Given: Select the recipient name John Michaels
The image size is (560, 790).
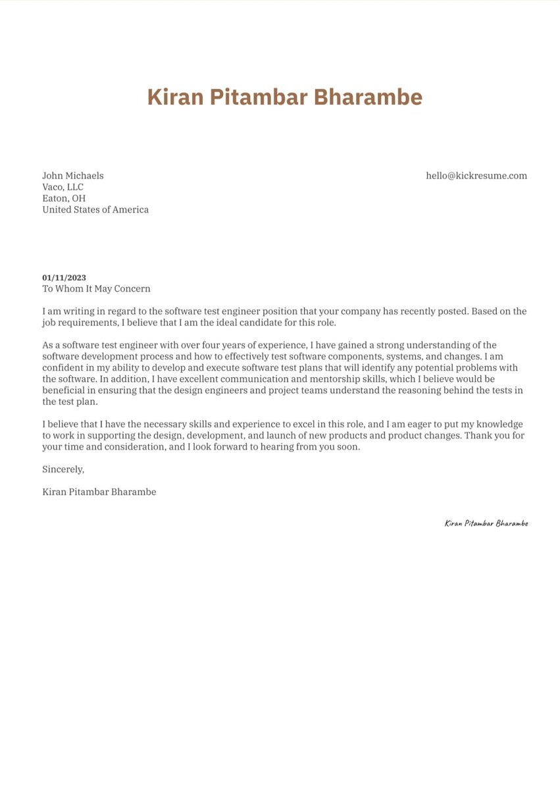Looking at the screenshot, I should [73, 176].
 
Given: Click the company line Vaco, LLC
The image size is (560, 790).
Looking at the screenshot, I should [63, 187].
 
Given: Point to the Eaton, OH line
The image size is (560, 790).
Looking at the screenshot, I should [64, 198].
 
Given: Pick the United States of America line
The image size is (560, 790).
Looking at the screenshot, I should [95, 209].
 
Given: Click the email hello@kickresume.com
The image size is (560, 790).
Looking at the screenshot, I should [476, 176].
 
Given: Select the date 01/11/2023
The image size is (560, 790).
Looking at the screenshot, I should [64, 278].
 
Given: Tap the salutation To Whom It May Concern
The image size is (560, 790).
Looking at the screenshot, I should [96, 288].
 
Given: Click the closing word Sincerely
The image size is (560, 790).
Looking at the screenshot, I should [63, 469].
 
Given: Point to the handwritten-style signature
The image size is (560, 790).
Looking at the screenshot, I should [486, 523].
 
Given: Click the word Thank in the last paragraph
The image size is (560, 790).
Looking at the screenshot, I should [478, 436].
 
